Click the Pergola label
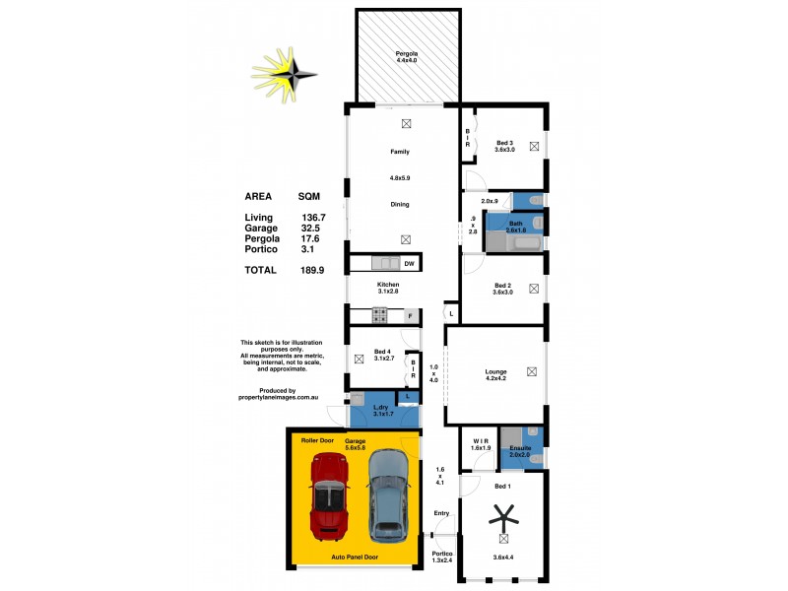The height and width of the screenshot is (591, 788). point(407,54)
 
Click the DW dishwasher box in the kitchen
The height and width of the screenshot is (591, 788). point(408,263)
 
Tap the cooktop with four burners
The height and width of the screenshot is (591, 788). point(378,315)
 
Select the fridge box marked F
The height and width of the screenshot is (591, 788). point(411,315)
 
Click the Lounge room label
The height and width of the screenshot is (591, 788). point(495,372)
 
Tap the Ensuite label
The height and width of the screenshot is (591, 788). point(519,447)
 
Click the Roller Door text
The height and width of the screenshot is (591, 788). point(318,439)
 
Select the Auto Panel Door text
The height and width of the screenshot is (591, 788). point(356,557)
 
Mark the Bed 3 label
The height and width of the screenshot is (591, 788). point(505,143)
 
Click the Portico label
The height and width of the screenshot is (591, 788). point(442,555)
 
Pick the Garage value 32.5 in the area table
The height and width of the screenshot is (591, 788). point(310,228)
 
